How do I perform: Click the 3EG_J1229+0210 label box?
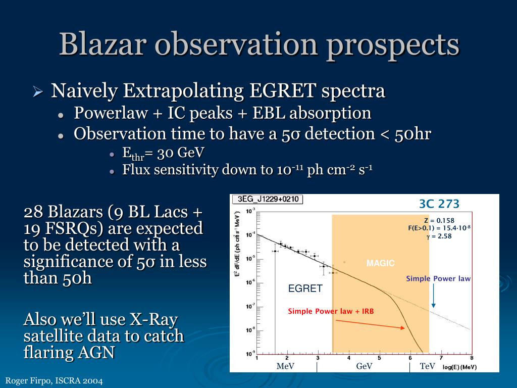click(x=268, y=199)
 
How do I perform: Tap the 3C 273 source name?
click(x=439, y=204)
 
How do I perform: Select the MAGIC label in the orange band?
click(x=381, y=263)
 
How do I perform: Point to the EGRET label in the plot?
click(x=305, y=288)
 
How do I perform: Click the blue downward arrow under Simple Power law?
click(x=433, y=296)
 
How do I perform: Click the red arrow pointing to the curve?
click(x=370, y=324)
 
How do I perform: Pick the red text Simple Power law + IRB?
click(x=331, y=311)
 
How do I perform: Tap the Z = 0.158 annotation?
click(x=439, y=220)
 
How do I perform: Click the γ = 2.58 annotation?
click(x=439, y=236)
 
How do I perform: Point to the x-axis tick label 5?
click(x=380, y=358)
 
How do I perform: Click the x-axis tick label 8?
click(x=472, y=358)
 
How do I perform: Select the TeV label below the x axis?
click(x=427, y=366)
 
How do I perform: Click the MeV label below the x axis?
click(x=285, y=366)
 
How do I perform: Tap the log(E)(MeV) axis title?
click(x=459, y=367)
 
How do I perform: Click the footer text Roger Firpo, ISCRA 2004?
click(x=54, y=381)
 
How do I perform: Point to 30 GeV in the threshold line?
click(x=181, y=153)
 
